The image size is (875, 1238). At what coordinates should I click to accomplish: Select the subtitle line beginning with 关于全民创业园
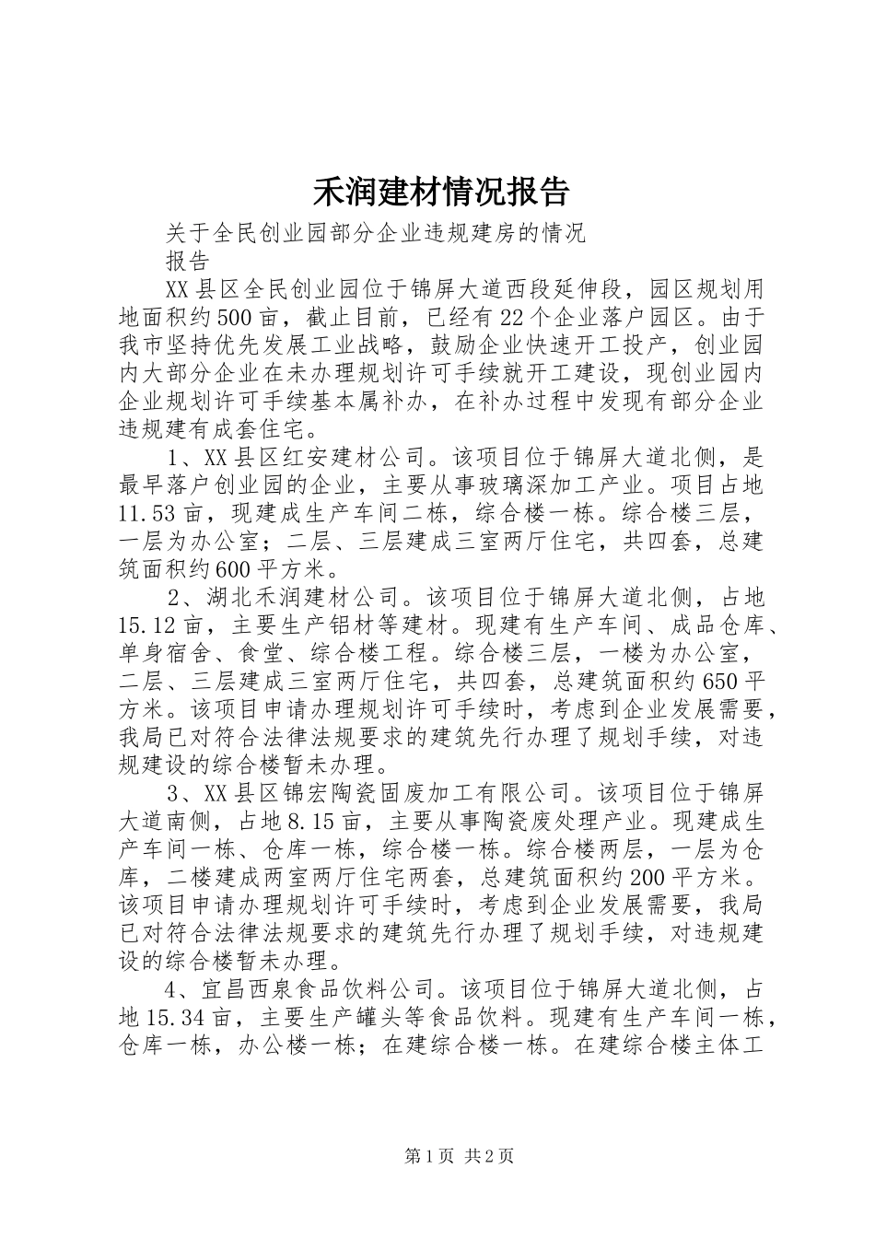(x=376, y=233)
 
